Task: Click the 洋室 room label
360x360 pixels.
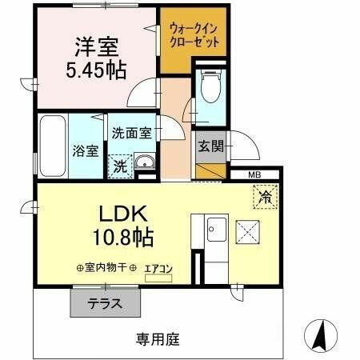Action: [x=95, y=46]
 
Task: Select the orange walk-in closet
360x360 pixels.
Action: [x=193, y=38]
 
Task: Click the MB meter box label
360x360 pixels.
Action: [x=254, y=174]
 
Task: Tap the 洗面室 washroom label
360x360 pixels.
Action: [x=130, y=134]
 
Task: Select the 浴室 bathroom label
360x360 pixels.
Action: [x=85, y=150]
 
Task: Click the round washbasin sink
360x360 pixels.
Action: [x=145, y=165]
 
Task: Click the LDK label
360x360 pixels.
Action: [x=122, y=214]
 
